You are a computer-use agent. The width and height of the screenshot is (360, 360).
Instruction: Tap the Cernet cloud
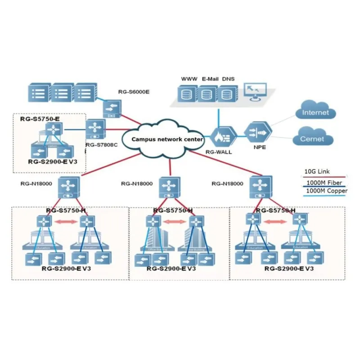pyautogui.click(x=312, y=139)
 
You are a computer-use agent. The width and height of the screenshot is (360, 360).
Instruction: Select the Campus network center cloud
pyautogui.click(x=167, y=139)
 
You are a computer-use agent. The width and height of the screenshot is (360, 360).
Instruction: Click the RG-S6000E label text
pyautogui.click(x=134, y=92)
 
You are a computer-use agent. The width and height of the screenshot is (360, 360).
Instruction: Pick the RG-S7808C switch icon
pyautogui.click(x=95, y=129)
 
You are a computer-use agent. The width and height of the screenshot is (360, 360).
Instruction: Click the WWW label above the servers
pyautogui.click(x=189, y=79)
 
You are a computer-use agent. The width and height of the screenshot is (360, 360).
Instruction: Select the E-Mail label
pyautogui.click(x=210, y=79)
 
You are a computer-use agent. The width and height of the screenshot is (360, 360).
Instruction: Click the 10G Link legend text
pyautogui.click(x=317, y=171)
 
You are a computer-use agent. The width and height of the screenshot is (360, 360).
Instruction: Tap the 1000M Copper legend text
pyautogui.click(x=326, y=191)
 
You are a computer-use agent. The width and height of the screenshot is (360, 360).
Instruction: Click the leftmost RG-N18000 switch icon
pyautogui.click(x=69, y=188)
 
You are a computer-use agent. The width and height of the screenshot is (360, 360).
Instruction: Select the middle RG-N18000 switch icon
pyautogui.click(x=169, y=188)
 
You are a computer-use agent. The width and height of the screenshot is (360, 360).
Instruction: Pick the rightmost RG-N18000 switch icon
pyautogui.click(x=261, y=188)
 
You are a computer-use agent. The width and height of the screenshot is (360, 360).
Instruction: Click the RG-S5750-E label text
pyautogui.click(x=40, y=119)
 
